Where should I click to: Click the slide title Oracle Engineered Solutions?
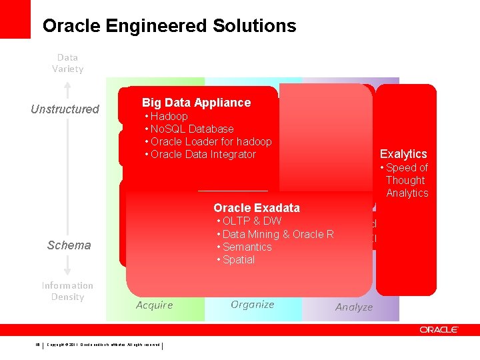(169, 26)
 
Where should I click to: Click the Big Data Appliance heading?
(196, 102)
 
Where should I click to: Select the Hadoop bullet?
(169, 116)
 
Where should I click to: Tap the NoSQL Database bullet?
(191, 129)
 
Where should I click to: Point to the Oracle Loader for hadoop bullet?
(211, 141)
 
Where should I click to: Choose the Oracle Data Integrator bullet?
(203, 154)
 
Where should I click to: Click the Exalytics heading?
(403, 154)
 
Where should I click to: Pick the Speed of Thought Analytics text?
(406, 180)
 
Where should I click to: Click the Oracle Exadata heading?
(257, 207)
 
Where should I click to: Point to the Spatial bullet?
(238, 259)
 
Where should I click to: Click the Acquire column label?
(154, 305)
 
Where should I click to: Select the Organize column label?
(252, 304)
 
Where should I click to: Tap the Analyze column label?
(353, 307)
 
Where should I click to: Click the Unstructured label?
(65, 109)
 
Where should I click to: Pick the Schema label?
(69, 245)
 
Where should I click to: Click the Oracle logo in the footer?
(439, 329)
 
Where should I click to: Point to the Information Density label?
(67, 291)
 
